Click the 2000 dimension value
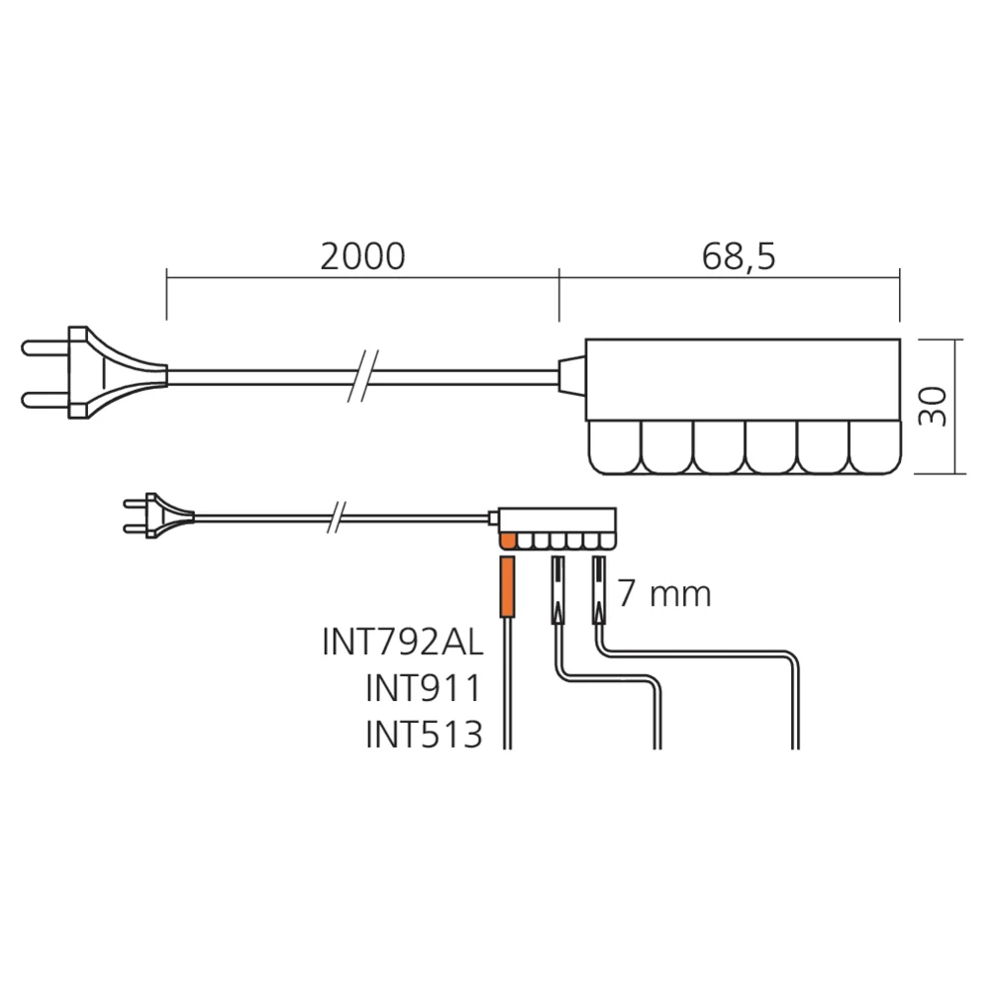click(362, 255)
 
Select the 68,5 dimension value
click(739, 256)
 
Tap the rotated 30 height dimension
click(933, 407)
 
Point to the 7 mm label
click(663, 593)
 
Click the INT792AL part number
click(402, 642)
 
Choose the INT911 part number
click(423, 688)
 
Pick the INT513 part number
click(424, 734)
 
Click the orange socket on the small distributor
click(508, 541)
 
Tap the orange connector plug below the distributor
click(507, 586)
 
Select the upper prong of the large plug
click(46, 347)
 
